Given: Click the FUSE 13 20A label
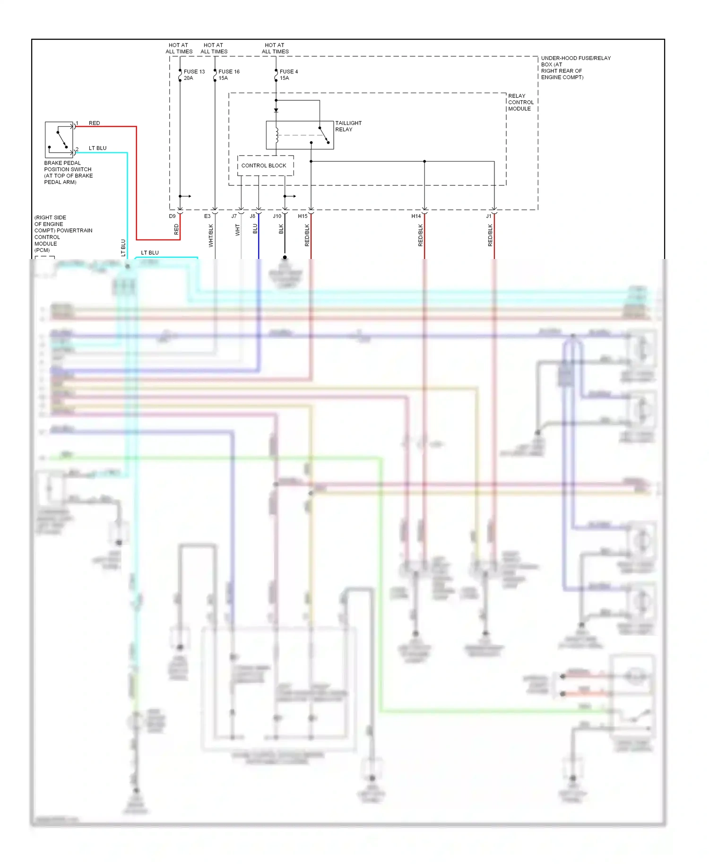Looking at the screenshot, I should point(194,75).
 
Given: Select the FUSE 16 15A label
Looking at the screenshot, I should point(229,75).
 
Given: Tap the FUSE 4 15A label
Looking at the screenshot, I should point(288,75).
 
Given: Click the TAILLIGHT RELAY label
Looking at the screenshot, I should point(348,126).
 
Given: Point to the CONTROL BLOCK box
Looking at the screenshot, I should point(265,165).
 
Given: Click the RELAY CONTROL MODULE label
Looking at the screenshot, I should point(520,102).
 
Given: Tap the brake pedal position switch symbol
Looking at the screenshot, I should point(59,139).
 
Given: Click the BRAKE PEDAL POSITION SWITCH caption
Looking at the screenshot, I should point(68,173).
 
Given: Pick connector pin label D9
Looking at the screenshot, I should point(172,216).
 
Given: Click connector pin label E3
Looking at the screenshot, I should point(207,216).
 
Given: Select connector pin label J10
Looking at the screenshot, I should point(277,216).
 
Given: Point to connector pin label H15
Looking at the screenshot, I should point(303,216).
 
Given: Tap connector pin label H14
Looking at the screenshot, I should point(416,216).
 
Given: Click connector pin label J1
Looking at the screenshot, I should point(489,216).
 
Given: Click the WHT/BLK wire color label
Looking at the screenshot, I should point(211,235).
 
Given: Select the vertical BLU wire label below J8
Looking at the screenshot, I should point(255,229).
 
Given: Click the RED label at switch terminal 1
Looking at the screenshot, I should point(95,123).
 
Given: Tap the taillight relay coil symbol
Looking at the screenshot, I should point(277,135).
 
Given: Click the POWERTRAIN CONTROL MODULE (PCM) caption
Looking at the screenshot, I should point(63,234).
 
